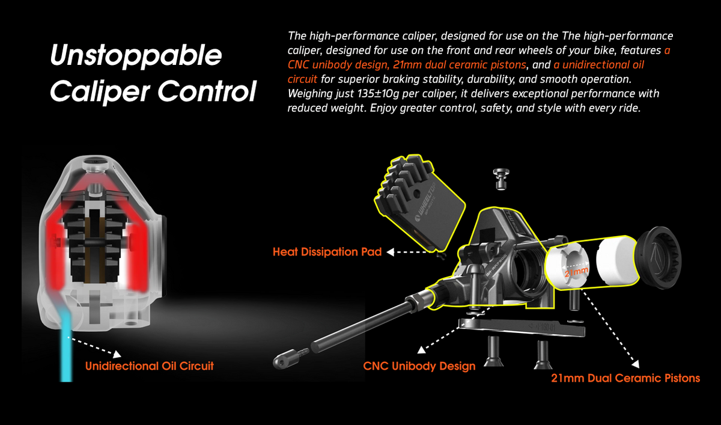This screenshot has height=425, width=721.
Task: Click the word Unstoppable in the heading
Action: (x=136, y=56)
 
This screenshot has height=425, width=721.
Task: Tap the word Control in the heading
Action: (x=207, y=91)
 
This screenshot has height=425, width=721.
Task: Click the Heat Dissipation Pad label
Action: (x=327, y=252)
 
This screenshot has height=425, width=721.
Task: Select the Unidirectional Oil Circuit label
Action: (x=150, y=366)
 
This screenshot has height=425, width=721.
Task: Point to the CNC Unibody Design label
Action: (x=419, y=366)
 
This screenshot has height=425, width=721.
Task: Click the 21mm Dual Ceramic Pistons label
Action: (x=625, y=378)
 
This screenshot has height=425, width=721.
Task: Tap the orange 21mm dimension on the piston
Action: (x=576, y=272)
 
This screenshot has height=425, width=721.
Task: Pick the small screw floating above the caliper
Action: (x=501, y=179)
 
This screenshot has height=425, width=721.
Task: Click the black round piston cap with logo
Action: (x=659, y=257)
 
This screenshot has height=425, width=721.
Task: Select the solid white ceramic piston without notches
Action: (x=616, y=261)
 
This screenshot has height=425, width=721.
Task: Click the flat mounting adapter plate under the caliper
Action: (x=522, y=328)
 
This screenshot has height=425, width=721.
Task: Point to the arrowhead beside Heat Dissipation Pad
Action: (x=390, y=252)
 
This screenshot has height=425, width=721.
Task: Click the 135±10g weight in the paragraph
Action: (x=378, y=94)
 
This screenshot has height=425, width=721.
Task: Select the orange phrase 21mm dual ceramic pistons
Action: (x=459, y=65)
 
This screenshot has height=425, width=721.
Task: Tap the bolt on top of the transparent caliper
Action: (x=95, y=164)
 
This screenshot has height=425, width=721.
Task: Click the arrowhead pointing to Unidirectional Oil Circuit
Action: (x=117, y=354)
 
